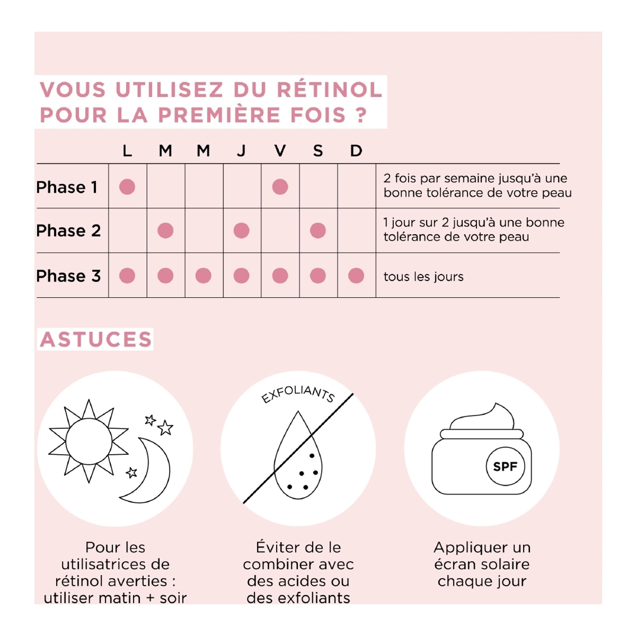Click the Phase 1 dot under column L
127,187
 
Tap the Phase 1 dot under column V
280,187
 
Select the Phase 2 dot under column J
241,231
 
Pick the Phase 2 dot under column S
318,231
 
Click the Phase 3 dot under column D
356,275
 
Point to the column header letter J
241,151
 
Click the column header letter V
280,151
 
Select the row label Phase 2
68,231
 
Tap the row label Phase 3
68,276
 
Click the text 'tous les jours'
423,277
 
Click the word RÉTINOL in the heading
329,90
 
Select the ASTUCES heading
95,339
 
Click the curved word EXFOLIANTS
298,394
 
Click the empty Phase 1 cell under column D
356,186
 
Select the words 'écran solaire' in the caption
481,564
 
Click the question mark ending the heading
362,115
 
